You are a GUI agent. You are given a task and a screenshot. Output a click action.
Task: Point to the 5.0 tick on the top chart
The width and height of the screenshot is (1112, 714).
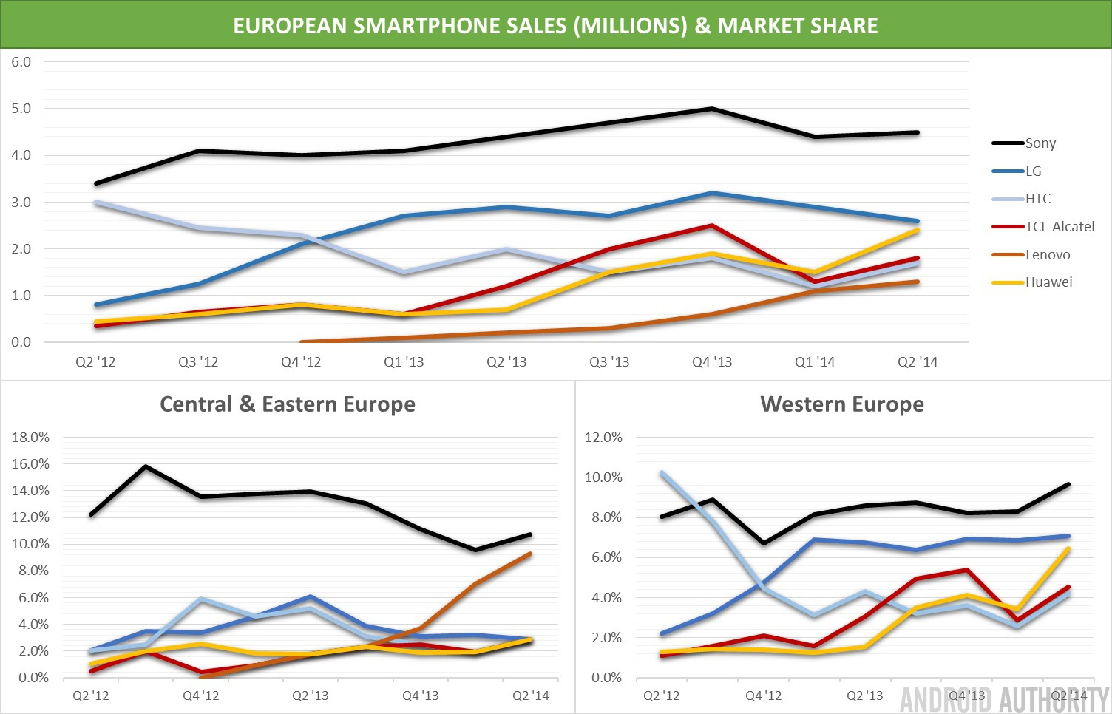coord(21,109)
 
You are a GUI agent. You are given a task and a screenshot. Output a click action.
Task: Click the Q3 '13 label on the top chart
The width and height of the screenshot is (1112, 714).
coord(609,362)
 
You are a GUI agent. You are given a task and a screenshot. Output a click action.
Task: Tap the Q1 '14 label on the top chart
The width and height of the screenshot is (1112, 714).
coord(815,362)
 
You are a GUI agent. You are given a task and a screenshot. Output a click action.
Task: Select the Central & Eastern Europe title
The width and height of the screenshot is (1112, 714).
coord(288,404)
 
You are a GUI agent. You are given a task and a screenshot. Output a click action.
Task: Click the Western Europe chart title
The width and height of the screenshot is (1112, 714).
coord(842,404)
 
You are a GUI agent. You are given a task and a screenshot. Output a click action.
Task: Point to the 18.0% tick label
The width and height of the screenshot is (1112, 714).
coord(30,438)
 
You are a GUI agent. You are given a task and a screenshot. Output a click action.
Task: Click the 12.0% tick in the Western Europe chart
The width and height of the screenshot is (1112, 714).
coord(603,438)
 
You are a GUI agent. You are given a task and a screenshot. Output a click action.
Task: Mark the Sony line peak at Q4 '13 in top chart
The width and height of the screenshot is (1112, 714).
coord(711,109)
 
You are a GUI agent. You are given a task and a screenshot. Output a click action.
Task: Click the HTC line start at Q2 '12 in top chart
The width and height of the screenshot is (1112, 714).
coord(96,202)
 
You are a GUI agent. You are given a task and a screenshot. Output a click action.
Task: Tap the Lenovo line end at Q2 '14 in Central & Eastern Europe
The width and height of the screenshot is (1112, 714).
coord(530,554)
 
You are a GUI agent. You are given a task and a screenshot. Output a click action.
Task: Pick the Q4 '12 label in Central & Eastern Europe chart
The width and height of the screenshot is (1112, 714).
coord(201,696)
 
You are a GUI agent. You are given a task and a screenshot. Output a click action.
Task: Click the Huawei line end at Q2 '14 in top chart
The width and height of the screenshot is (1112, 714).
coord(918,231)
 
